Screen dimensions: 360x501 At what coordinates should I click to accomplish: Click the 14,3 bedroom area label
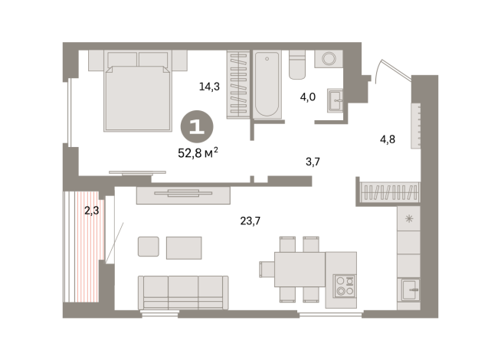click(x=209, y=87)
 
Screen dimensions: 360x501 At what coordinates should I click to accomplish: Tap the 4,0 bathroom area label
click(x=307, y=97)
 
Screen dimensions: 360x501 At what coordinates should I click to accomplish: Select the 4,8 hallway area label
click(x=389, y=139)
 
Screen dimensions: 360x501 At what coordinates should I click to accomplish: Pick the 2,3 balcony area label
click(x=92, y=210)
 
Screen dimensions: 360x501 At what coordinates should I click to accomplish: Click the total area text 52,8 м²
click(x=198, y=151)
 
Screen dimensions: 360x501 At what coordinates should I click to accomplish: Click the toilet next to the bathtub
click(x=298, y=65)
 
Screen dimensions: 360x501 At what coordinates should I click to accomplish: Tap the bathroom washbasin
click(x=335, y=100)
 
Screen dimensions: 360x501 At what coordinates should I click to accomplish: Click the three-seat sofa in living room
click(x=184, y=291)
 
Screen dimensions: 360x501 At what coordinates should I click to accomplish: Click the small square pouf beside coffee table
click(x=149, y=247)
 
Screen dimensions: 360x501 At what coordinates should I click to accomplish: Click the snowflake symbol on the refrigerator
click(x=408, y=220)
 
